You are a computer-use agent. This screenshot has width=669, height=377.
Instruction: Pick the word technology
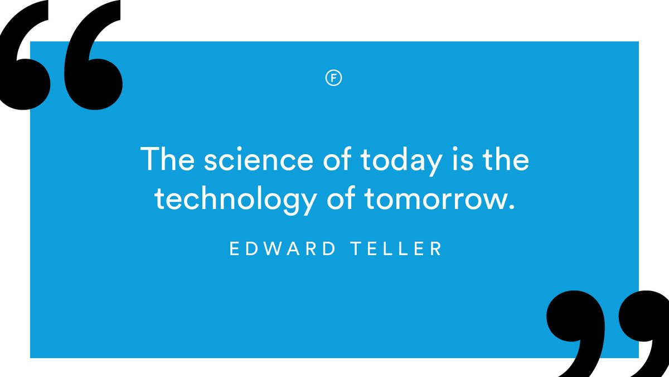click(234, 200)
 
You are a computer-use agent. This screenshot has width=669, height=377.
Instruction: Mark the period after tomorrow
click(508, 207)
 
